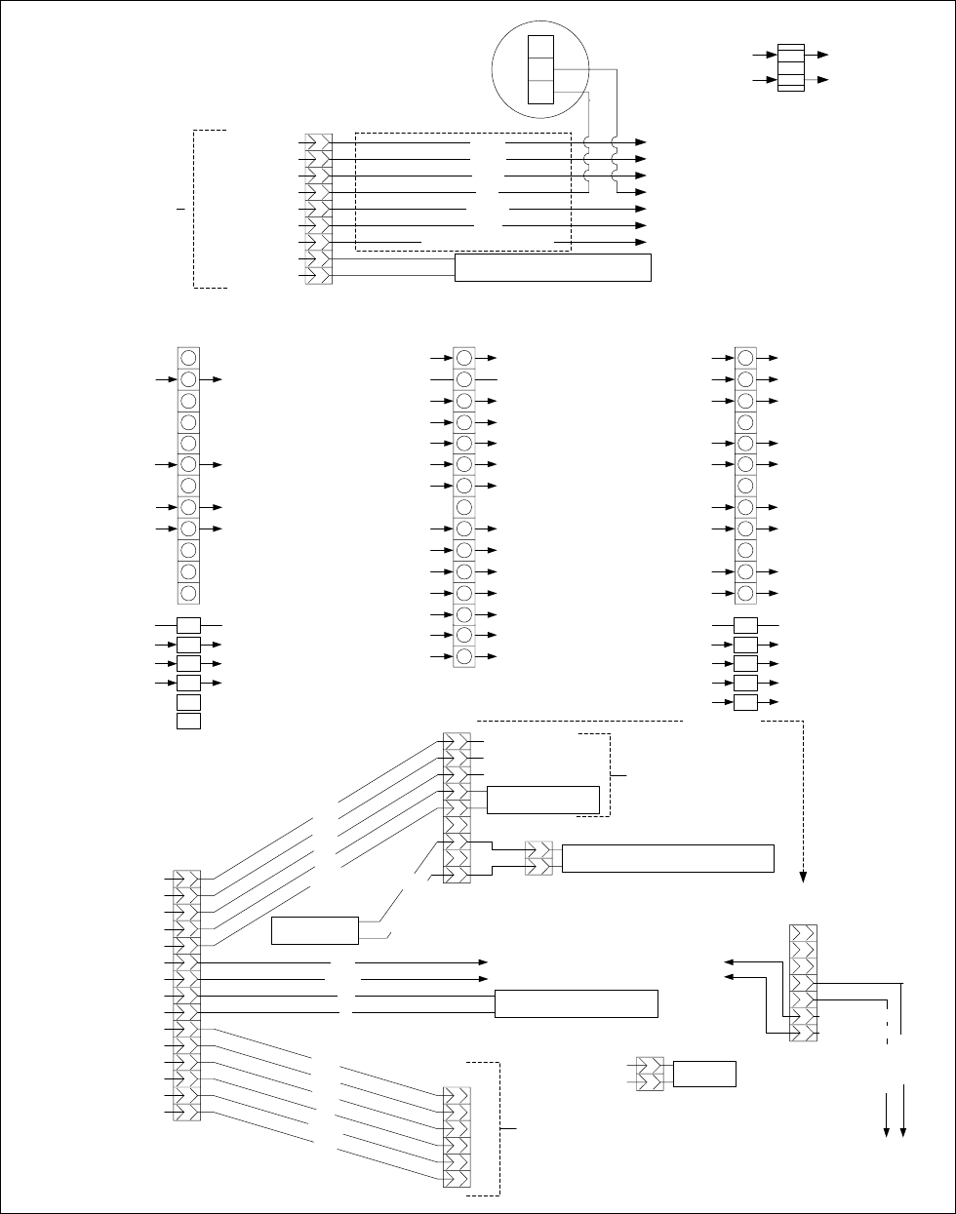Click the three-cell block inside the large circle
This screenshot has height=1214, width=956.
point(539,69)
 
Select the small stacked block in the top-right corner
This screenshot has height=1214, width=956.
point(790,67)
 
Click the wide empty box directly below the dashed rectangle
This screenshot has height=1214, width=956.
point(552,267)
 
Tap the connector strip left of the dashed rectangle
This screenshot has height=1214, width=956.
point(319,209)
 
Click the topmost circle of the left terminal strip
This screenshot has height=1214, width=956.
point(189,358)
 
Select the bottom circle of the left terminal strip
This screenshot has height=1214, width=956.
point(189,593)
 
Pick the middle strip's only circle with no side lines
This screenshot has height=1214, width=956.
point(464,507)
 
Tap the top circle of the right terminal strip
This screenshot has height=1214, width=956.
point(745,358)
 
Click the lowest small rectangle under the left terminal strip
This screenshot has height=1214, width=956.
point(189,721)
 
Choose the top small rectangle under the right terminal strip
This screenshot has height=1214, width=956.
point(745,625)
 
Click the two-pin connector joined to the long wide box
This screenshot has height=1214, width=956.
point(538,858)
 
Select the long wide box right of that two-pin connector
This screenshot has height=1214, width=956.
point(668,858)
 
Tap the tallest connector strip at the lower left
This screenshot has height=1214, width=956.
point(187,996)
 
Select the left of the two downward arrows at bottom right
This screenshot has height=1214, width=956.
point(887,1131)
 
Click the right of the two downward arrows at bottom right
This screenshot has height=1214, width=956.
point(904,1131)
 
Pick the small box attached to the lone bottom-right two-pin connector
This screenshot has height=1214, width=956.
point(704,1074)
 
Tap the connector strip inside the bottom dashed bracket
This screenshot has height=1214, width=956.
point(457,1136)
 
